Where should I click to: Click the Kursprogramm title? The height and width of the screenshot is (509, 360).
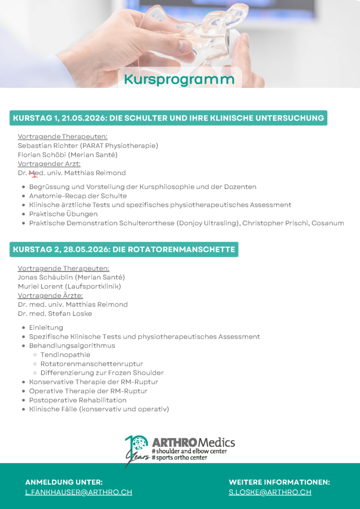[179, 79]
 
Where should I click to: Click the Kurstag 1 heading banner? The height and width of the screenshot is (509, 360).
[168, 118]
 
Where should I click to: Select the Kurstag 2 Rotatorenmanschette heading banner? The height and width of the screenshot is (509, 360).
[124, 250]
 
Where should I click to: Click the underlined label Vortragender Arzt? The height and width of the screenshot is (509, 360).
[49, 164]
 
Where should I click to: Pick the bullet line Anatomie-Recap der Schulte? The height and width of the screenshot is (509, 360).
[78, 196]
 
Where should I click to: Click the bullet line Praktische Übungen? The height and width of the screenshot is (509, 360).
[63, 214]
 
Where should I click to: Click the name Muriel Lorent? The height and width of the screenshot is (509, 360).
[41, 286]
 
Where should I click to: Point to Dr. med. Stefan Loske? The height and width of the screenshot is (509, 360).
[55, 314]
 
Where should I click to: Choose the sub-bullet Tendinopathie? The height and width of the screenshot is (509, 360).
[65, 355]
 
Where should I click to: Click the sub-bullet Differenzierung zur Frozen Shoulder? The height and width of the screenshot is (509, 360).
[102, 373]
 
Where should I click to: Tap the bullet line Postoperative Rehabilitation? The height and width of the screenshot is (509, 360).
[78, 400]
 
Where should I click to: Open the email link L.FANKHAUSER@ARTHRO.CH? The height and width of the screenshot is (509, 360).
[79, 492]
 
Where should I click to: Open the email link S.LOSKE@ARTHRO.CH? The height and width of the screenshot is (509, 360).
[270, 492]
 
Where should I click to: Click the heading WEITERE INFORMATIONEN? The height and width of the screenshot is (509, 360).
[279, 482]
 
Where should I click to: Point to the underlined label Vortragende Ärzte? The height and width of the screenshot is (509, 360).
[50, 295]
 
